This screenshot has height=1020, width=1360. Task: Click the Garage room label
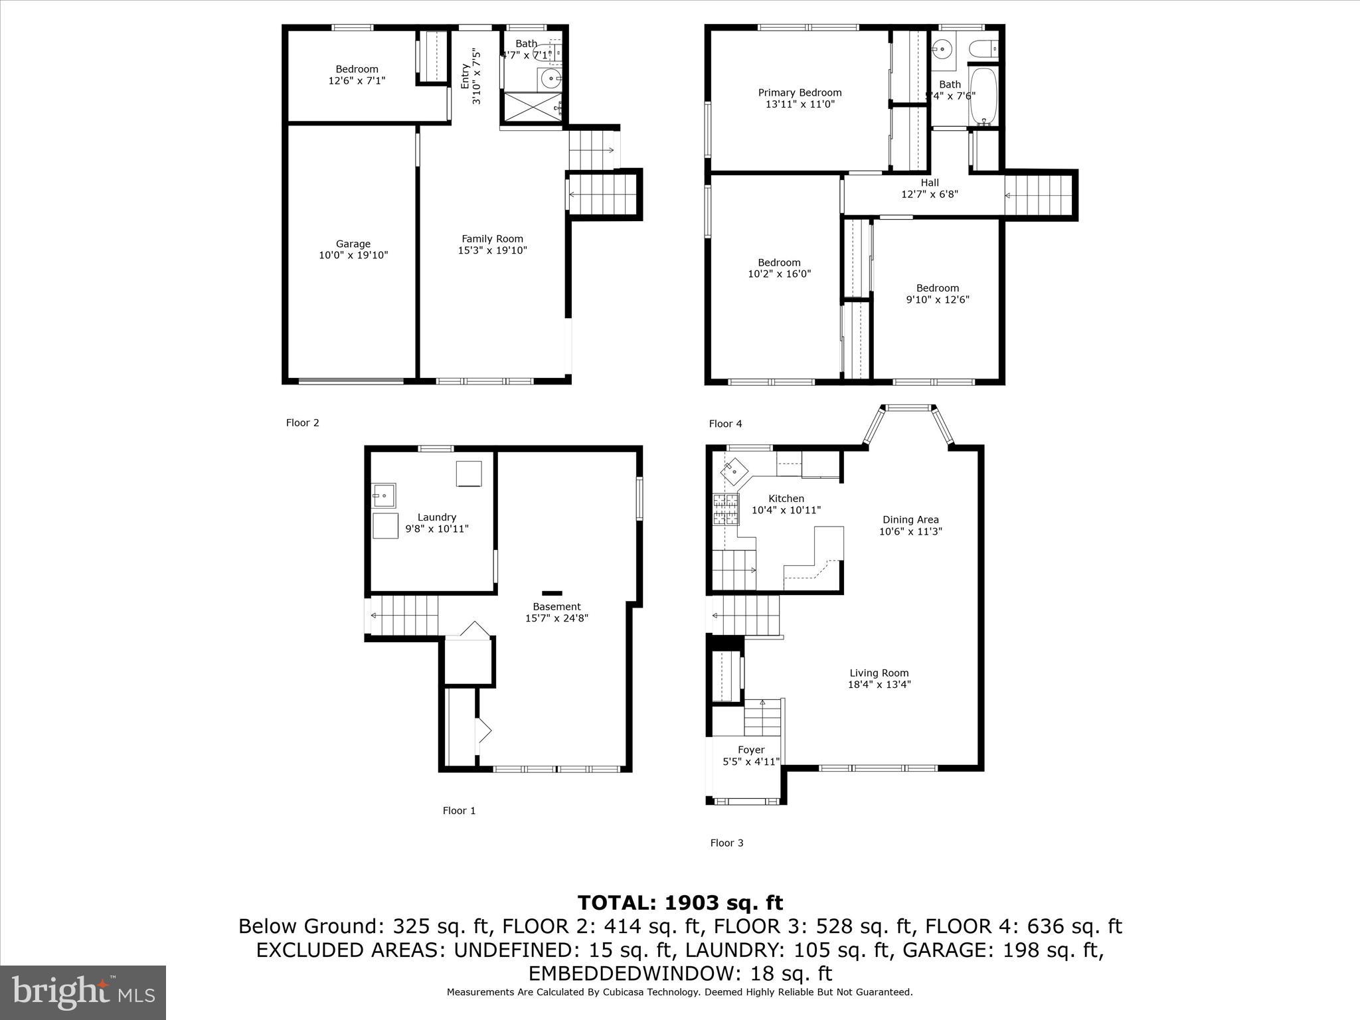(353, 244)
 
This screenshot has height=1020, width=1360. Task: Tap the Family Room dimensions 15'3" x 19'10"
(492, 250)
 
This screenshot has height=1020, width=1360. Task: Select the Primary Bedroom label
(800, 92)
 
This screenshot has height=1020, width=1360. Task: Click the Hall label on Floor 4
(929, 183)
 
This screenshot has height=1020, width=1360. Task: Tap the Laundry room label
(436, 517)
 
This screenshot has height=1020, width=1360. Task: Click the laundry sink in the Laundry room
(383, 495)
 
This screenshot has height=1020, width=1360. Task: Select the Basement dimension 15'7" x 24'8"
(556, 618)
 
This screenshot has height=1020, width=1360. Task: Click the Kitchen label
(786, 499)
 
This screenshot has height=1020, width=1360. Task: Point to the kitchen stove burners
(725, 510)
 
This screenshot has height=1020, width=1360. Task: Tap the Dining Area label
(910, 520)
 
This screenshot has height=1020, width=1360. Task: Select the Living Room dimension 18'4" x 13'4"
(879, 685)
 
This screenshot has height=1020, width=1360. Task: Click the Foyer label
(751, 750)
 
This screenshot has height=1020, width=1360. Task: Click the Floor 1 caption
(459, 810)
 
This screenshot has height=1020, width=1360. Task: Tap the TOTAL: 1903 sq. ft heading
(680, 902)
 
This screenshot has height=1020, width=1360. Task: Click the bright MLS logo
(82, 992)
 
